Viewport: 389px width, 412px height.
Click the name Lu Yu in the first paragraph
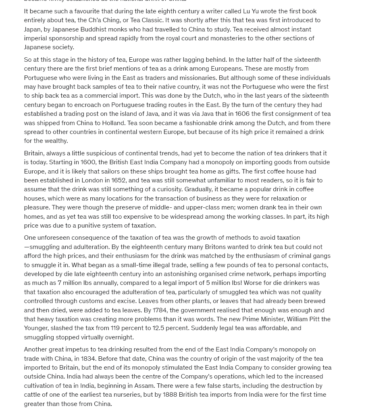251,11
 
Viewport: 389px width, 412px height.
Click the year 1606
242,114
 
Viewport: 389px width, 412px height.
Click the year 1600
88,162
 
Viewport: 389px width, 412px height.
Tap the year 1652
119,180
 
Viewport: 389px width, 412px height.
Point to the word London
92,180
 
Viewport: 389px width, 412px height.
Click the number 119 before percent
115,328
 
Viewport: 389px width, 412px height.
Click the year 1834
88,359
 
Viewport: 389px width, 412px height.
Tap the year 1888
170,395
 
